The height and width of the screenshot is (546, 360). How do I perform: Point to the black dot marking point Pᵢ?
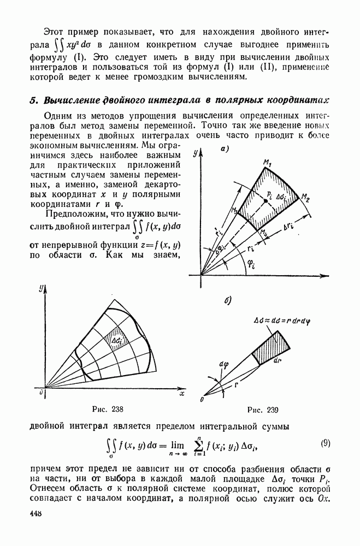tap(265, 201)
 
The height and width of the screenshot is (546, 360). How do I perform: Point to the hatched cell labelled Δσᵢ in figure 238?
tap(117, 340)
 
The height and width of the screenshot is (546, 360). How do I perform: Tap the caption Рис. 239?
tap(263, 410)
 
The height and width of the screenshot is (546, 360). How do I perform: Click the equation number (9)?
tap(325, 443)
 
